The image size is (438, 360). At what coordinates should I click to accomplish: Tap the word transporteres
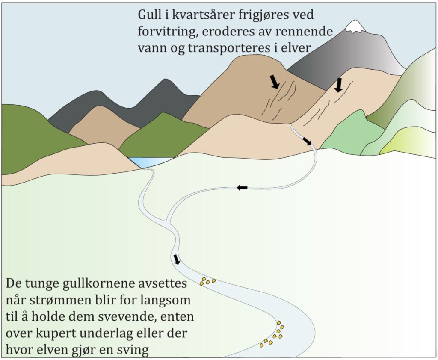click(x=224, y=47)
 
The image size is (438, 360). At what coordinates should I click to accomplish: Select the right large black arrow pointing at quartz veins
click(x=339, y=85)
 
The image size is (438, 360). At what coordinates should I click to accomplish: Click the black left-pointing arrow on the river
click(x=242, y=187)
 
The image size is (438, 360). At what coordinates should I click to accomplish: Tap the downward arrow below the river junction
click(x=177, y=259)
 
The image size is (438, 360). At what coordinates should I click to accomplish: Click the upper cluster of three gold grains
click(x=207, y=281)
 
